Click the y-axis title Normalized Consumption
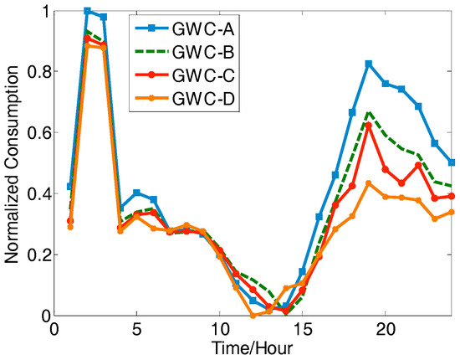coord(14,163)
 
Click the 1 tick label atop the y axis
coord(42,11)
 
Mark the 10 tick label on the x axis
coord(219,330)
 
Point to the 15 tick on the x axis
coord(302,330)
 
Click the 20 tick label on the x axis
coord(385,330)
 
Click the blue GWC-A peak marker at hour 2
coord(87,11)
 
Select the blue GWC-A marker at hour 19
coord(368,64)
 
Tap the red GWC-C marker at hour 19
coord(368,126)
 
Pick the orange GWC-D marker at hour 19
coord(368,183)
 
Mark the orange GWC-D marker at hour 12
coord(253,316)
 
